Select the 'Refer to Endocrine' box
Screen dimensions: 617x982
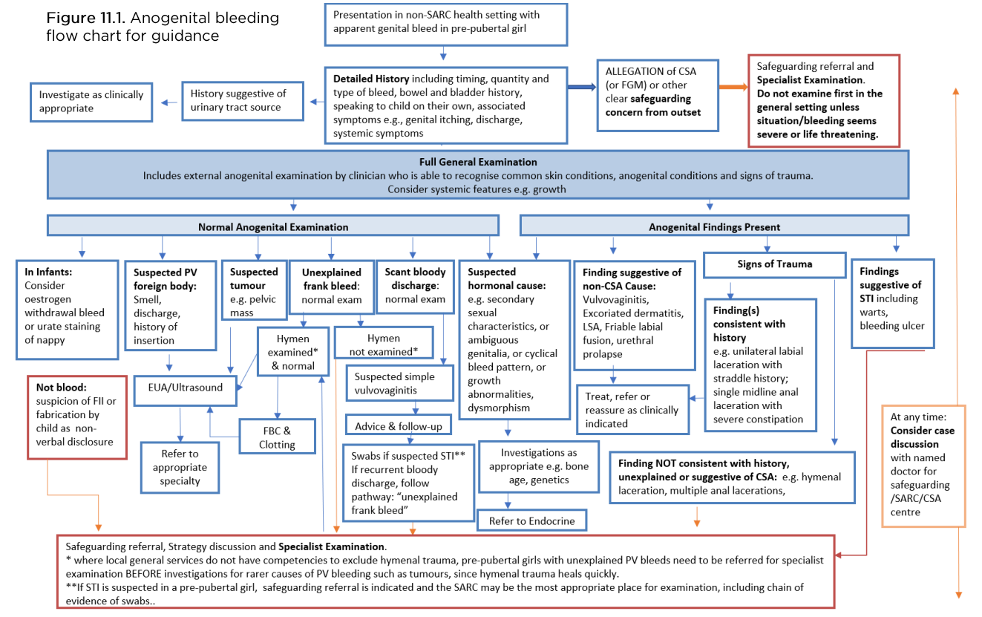[x=531, y=520]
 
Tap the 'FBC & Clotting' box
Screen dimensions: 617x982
[x=277, y=437]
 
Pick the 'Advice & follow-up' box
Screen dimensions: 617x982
[x=398, y=426]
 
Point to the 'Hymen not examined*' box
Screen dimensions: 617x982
[x=383, y=345]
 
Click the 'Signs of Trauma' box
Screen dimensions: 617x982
[x=774, y=264]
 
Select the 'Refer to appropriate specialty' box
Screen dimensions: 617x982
[x=180, y=467]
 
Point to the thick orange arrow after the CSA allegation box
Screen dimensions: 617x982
[x=733, y=88]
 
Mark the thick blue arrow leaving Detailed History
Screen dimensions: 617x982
[x=582, y=88]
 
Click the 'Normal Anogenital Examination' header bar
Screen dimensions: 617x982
[x=272, y=226]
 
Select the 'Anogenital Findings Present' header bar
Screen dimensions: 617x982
[x=714, y=226]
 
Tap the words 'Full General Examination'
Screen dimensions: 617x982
[x=478, y=162]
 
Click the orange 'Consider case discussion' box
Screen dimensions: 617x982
[x=923, y=466]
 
